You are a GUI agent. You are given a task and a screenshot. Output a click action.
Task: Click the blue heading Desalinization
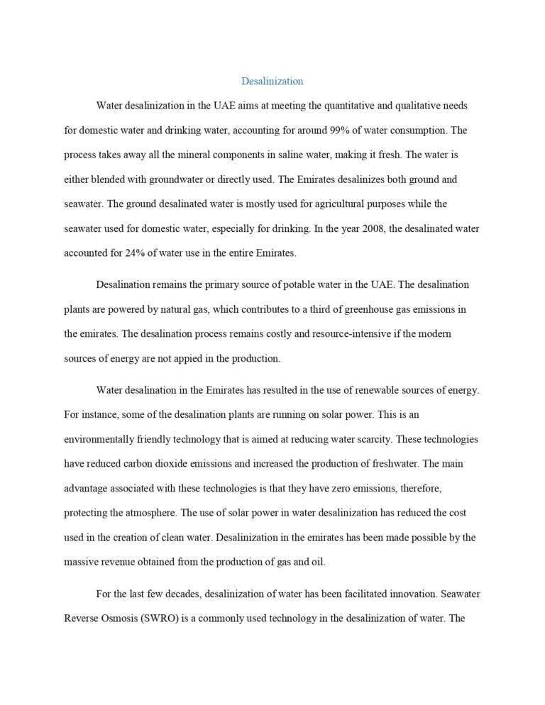click(272, 81)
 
